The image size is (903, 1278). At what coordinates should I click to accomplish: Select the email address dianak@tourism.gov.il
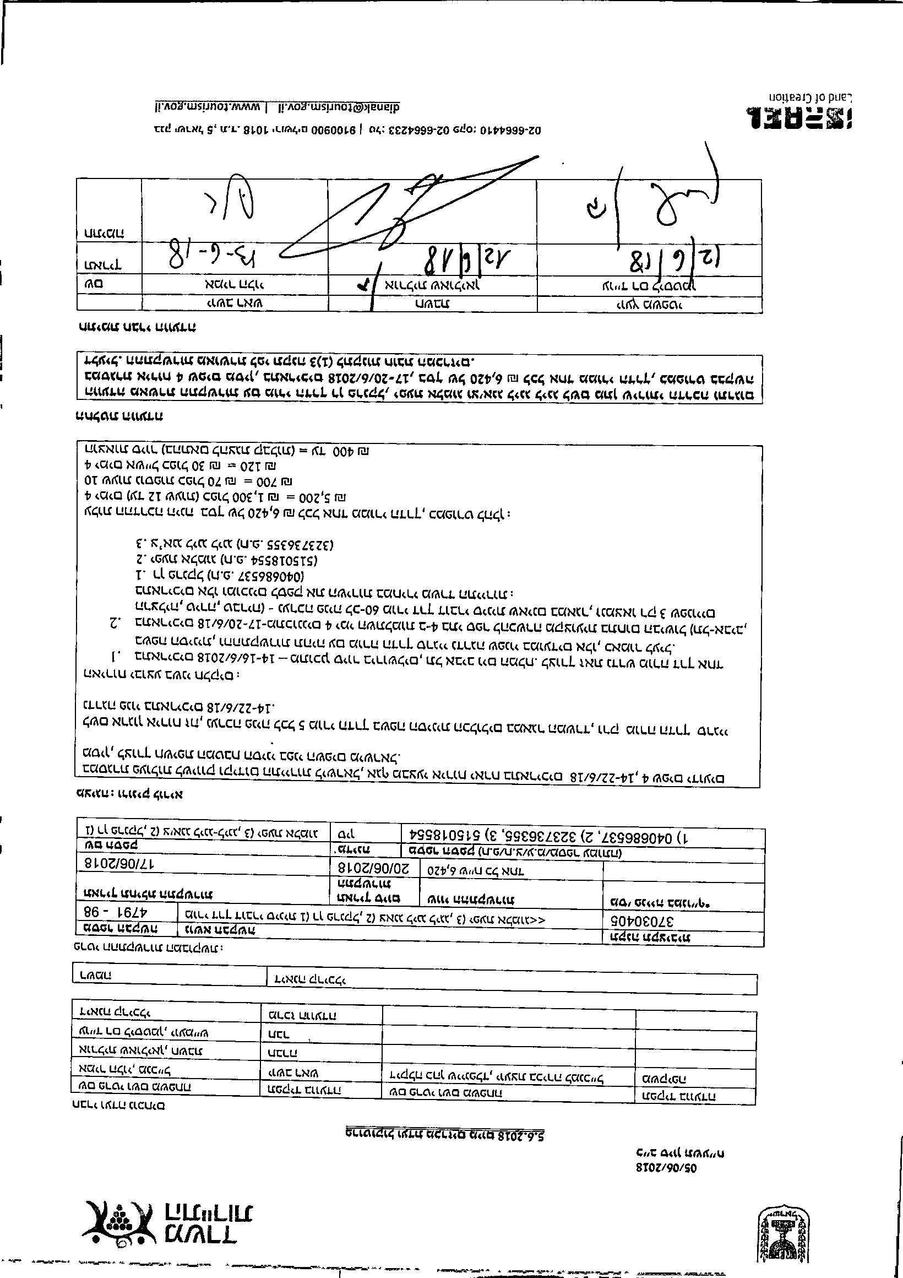[x=338, y=106]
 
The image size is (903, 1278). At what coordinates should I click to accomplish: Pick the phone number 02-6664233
[x=408, y=130]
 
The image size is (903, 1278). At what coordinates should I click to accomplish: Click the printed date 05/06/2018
[x=666, y=1167]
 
